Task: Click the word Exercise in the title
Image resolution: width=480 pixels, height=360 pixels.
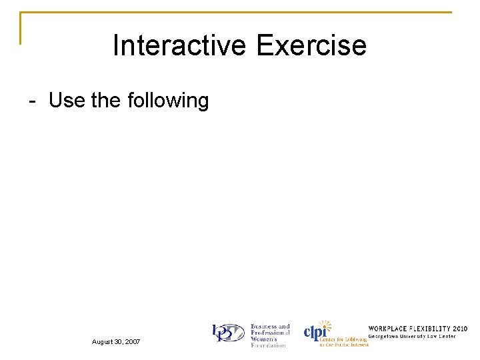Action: click(311, 46)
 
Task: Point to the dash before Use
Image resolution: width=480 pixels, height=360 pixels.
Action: click(32, 101)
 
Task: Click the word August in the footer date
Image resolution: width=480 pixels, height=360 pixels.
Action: click(104, 342)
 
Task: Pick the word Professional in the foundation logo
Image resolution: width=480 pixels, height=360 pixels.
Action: click(270, 333)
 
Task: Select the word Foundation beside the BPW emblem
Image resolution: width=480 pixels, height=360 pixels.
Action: click(268, 345)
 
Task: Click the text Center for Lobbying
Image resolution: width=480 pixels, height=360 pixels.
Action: click(343, 339)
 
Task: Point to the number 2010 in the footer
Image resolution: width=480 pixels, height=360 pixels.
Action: click(460, 329)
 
